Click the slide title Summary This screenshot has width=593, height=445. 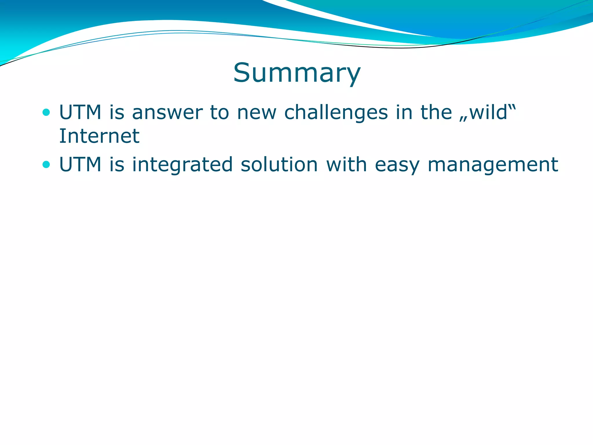click(x=297, y=73)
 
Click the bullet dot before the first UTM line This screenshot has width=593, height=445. click(x=46, y=112)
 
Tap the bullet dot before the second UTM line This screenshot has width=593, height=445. click(x=46, y=165)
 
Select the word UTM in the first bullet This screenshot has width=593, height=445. click(x=80, y=112)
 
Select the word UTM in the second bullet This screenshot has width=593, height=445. click(x=80, y=165)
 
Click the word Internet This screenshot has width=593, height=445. click(x=99, y=136)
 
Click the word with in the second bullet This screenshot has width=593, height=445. click(x=347, y=165)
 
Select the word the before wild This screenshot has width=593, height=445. click(x=436, y=112)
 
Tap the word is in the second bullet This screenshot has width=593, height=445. click(x=117, y=165)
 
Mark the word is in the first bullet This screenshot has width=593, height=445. click(x=117, y=112)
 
